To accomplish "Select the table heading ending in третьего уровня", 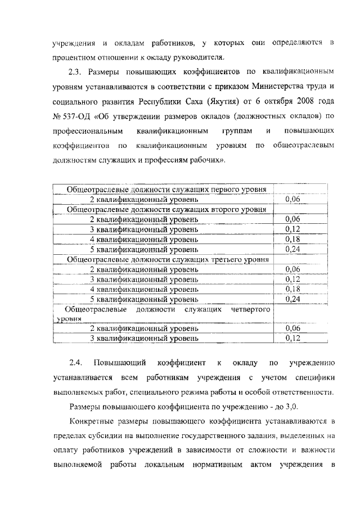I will (x=166, y=259).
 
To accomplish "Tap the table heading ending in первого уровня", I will (x=166, y=190).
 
